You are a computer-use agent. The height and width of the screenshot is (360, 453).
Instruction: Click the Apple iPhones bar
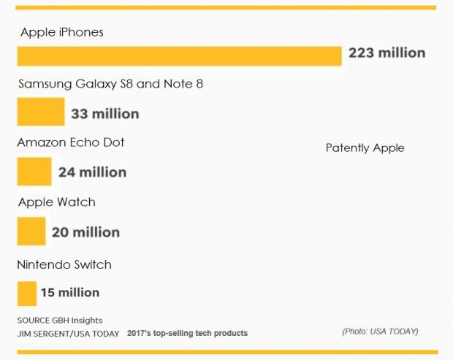(179, 56)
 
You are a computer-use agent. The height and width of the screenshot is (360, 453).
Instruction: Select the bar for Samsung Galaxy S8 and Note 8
(41, 112)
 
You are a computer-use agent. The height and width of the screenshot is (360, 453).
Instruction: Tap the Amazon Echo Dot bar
(34, 172)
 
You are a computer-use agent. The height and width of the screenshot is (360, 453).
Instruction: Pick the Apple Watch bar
(31, 231)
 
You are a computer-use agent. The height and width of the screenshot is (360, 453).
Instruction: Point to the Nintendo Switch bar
(27, 292)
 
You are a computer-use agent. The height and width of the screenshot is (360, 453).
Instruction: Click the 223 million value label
(387, 53)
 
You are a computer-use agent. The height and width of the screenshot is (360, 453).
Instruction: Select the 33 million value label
(105, 114)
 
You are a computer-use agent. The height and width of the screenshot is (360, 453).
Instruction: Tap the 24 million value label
(92, 172)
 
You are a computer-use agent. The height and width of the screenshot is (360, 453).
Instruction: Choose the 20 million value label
(85, 233)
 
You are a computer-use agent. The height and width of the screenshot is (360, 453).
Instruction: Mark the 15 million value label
(70, 293)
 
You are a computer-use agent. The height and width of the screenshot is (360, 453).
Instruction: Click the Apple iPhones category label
(62, 32)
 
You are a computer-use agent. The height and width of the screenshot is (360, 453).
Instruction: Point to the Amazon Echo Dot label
(71, 142)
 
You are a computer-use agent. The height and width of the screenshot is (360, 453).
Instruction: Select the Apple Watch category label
(56, 202)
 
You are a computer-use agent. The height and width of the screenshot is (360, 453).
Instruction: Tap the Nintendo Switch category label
(64, 264)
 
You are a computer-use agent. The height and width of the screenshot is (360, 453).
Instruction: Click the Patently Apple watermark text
(365, 148)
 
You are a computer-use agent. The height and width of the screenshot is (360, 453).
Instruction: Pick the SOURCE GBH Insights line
(60, 321)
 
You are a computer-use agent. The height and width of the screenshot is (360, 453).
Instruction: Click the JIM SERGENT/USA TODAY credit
(67, 333)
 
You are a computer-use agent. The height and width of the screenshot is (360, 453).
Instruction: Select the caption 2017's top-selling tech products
(187, 333)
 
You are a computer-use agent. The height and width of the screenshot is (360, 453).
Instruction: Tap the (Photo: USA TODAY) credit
(380, 332)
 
